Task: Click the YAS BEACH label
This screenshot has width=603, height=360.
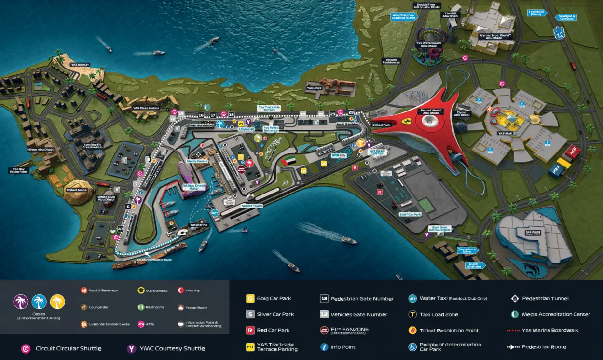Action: pos(80,65)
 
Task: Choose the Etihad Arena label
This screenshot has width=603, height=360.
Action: pos(77,190)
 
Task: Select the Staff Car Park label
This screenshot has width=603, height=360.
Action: pos(410,214)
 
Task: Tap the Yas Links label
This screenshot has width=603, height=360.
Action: pos(314,88)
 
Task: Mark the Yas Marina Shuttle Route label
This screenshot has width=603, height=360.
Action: pos(153,260)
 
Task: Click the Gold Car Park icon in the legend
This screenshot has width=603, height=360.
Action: pos(250,298)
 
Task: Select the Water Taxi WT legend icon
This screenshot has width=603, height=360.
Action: pos(412,298)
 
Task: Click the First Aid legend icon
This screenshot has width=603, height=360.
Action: pos(181,291)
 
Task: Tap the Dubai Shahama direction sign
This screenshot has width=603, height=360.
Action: pos(474,264)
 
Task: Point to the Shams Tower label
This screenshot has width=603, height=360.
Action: pos(252,206)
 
